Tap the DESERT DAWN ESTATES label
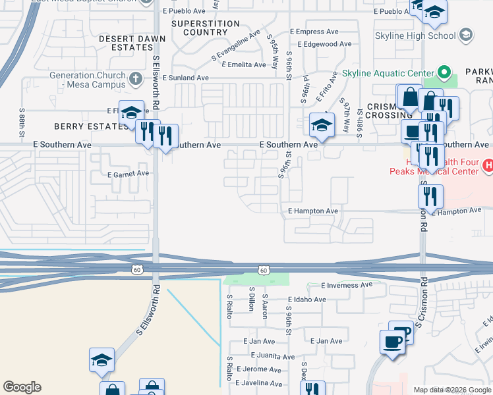pos(126,43)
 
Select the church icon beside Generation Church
pos(136,80)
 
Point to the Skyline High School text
pos(415,36)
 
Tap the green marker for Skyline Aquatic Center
pos(444,72)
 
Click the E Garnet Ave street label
pos(128,174)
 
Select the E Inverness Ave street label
pos(347,285)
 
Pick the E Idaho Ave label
pos(307,300)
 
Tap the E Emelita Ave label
pos(243,65)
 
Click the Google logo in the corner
pos(21,387)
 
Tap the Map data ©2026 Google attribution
pos(452,390)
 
